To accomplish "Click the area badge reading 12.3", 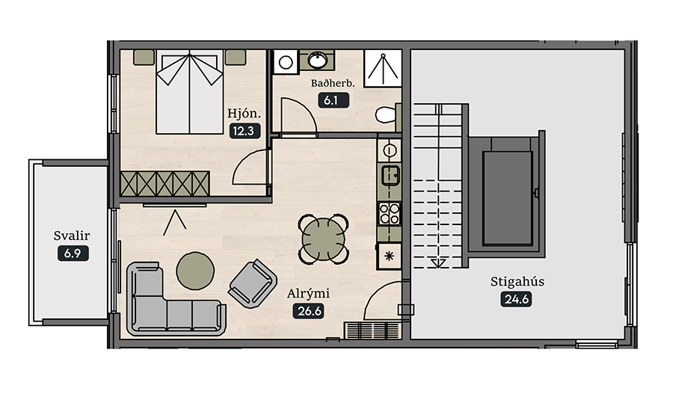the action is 245,131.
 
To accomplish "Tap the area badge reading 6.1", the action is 333,100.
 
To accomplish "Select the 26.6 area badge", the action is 309,311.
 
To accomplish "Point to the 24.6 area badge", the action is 516,299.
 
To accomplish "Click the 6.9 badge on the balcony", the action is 73,253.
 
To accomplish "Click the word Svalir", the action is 72,236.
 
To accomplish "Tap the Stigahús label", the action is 517,282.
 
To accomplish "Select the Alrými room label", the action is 308,294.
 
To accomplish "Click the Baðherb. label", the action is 333,83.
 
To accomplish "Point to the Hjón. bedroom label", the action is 244,114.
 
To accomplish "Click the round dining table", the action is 324,239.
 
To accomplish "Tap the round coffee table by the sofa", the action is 195,271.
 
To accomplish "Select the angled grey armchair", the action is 253,283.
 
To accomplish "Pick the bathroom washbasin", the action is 317,60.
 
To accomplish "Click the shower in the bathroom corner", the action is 383,68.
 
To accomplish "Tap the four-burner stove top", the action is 390,213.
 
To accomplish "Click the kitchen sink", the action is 390,175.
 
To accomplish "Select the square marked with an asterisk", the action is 389,256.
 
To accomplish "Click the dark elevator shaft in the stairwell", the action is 507,198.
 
